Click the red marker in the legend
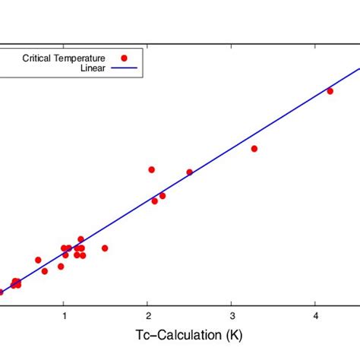[124, 58]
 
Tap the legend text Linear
[92, 68]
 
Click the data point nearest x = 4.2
[330, 91]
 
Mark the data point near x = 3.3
[254, 149]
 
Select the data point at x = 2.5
[190, 172]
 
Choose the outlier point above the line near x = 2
[152, 169]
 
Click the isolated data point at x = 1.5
[105, 248]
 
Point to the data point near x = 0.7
[38, 260]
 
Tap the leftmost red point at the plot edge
[1, 292]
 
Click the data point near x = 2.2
[163, 196]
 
